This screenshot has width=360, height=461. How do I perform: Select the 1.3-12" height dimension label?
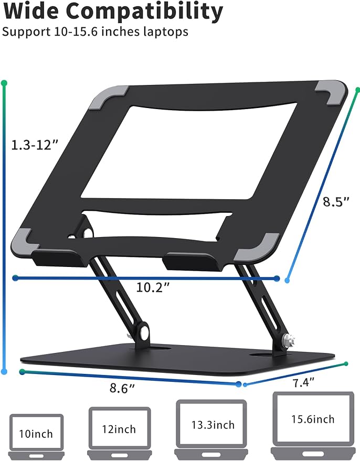tap(35, 145)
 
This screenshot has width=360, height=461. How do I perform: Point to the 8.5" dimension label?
tap(336, 202)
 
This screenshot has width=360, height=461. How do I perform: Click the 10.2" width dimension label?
tap(153, 287)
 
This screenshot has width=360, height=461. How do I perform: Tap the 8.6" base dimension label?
tap(122, 388)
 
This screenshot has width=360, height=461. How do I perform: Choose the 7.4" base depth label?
tap(303, 383)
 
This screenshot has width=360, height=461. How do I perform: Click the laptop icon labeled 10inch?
tap(36, 436)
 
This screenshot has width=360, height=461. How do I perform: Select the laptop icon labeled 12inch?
tap(120, 433)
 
